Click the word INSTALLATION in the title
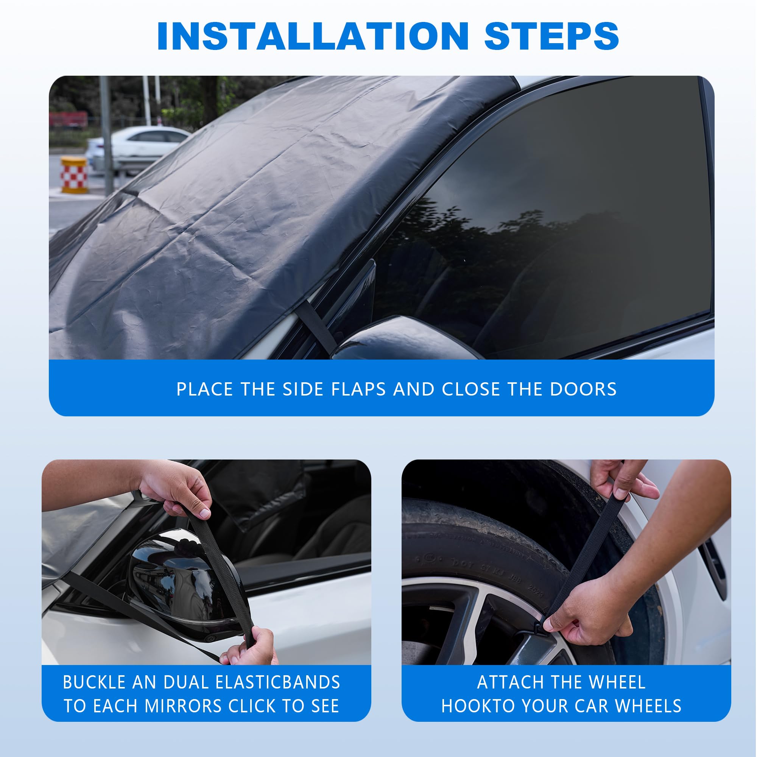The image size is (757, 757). [312, 36]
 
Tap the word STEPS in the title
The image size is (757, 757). [551, 36]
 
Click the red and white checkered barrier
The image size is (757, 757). [74, 175]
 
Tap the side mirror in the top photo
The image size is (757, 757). [403, 339]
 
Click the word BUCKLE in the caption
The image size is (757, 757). [94, 682]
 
